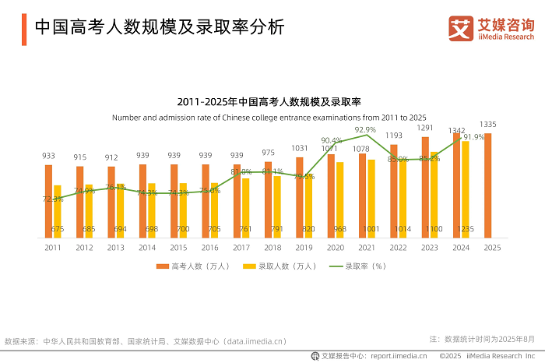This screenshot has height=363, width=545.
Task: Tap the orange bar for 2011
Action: click(x=48, y=201)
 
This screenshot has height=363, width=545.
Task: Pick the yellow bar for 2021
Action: click(x=371, y=199)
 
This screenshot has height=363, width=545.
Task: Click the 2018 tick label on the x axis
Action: click(x=272, y=247)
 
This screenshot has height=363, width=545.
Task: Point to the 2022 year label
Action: click(x=397, y=247)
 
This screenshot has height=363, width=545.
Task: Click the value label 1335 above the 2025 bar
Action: click(x=488, y=125)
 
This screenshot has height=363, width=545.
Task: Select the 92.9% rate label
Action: click(x=365, y=130)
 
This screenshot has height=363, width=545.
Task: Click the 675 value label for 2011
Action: click(x=57, y=229)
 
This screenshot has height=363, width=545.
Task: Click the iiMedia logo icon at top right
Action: click(x=461, y=28)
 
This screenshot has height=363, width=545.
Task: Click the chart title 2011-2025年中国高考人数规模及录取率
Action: click(x=272, y=102)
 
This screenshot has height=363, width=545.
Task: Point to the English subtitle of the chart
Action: click(x=272, y=117)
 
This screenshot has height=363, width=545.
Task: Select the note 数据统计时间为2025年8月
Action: click(x=487, y=339)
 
